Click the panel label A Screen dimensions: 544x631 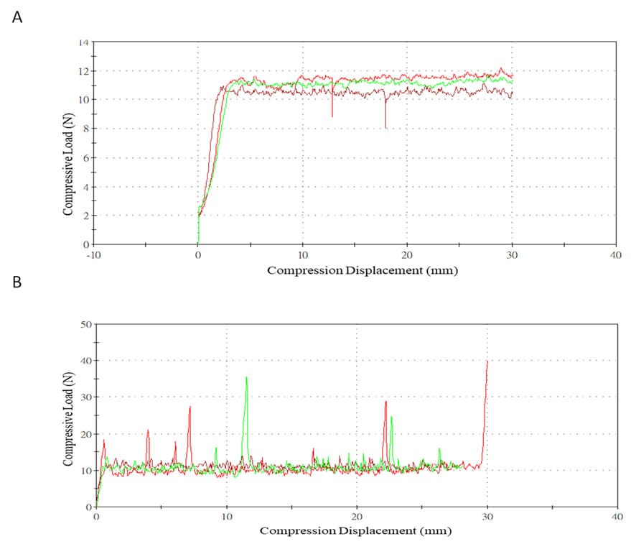click(x=17, y=18)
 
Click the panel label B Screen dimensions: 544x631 click(x=17, y=282)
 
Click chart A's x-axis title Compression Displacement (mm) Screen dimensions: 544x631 click(x=363, y=271)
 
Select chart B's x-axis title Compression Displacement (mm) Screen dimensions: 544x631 click(x=355, y=531)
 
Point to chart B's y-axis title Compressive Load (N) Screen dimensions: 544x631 click(x=67, y=415)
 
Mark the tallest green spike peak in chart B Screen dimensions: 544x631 click(x=246, y=377)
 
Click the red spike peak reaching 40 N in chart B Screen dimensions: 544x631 click(x=487, y=361)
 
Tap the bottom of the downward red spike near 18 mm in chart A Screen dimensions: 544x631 click(x=385, y=128)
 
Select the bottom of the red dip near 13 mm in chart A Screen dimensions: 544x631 click(x=332, y=116)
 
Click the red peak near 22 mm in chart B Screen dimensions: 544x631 click(x=385, y=401)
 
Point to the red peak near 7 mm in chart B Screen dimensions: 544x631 click(x=190, y=407)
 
